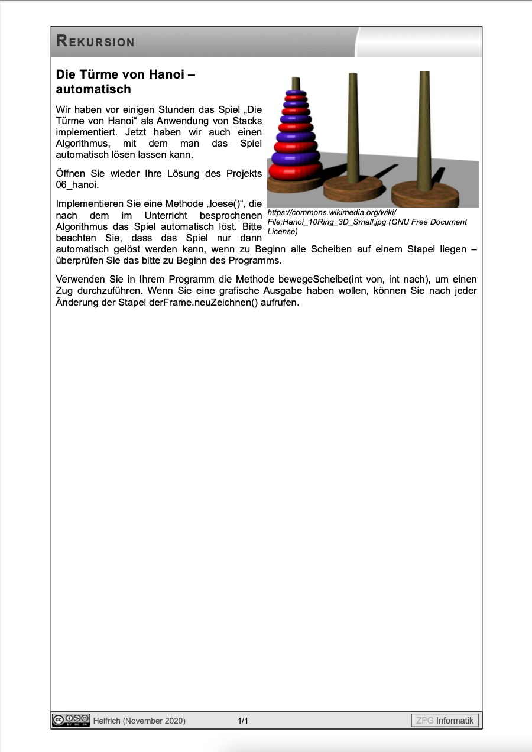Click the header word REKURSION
[x=95, y=41]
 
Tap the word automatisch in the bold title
[x=93, y=89]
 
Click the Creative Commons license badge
[x=71, y=720]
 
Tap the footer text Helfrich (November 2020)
[x=140, y=721]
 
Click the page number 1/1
[x=243, y=721]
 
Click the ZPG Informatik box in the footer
[x=445, y=720]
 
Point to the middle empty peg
[x=353, y=124]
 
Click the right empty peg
[x=424, y=124]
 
